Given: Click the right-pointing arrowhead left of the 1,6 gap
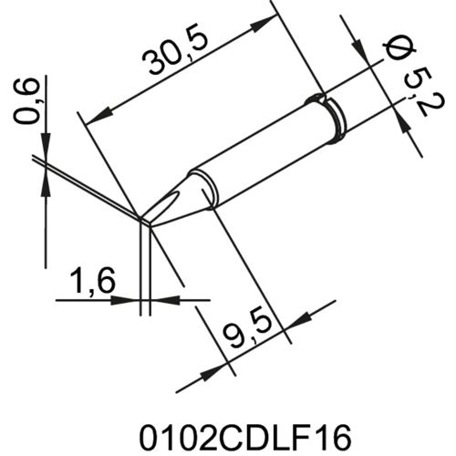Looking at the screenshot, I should (x=130, y=298).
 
